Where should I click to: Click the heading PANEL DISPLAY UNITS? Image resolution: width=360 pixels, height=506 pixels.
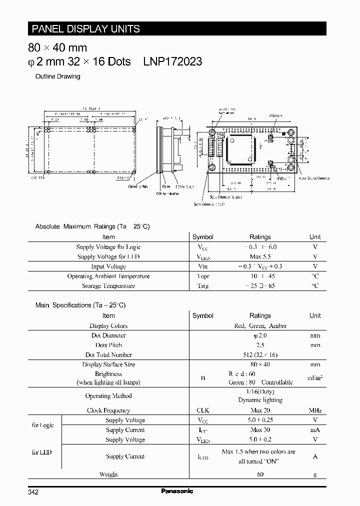pos(85,29)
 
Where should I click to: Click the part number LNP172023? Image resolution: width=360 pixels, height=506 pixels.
pos(172,61)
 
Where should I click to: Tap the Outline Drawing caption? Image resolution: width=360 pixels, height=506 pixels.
pos(57,76)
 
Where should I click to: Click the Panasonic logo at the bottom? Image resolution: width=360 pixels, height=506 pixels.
pos(177,491)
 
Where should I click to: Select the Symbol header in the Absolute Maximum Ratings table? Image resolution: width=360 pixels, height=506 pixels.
pos(202,237)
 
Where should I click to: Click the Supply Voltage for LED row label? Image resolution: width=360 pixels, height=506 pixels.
pos(108,256)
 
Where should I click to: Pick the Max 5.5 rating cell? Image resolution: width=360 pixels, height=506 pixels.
pos(260,256)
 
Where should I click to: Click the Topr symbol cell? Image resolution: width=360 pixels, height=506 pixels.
pos(202,276)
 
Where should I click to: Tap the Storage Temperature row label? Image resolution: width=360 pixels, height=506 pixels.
pos(108,286)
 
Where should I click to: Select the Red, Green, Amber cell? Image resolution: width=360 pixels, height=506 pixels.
pos(260,325)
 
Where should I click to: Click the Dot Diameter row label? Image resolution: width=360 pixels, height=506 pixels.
pos(108,335)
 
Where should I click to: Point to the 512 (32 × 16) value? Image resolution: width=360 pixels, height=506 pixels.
pos(260,354)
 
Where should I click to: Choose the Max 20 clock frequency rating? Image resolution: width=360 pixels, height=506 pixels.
pos(260,410)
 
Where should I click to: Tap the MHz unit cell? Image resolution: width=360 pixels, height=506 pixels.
pos(315,410)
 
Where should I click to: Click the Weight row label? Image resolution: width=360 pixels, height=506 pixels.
pos(108,474)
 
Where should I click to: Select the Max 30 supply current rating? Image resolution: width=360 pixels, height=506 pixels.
pos(260,430)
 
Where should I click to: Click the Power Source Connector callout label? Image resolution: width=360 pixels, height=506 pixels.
pos(314,177)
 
